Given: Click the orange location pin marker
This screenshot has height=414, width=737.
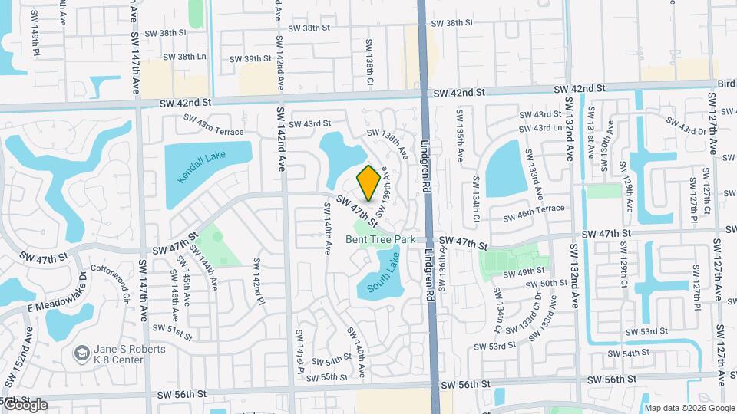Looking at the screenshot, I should click(x=368, y=182).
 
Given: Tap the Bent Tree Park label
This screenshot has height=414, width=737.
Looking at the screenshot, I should click(x=380, y=240).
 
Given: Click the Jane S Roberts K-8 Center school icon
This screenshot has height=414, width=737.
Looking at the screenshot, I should click(x=81, y=353).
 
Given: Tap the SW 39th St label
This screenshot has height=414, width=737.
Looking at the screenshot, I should click(x=252, y=58).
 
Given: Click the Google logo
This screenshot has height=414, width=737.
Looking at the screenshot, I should click(x=25, y=405).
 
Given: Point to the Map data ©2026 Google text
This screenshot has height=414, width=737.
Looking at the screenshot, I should click(x=689, y=408).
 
